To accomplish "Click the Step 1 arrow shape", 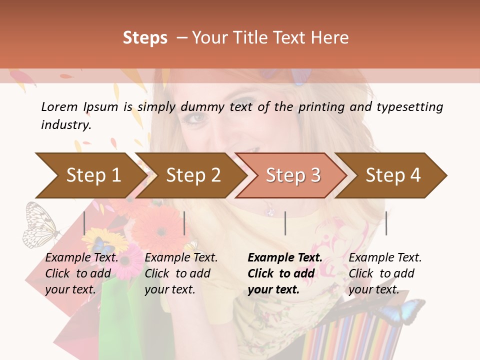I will pos(90,175).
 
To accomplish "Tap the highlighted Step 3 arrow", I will pos(292,175).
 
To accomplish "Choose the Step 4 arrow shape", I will pos(392,175).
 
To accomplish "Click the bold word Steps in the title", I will pos(145,38).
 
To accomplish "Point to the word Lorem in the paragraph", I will pos(59,107).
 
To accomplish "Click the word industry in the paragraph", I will pos(65,125).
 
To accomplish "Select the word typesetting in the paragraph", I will pos(409,107).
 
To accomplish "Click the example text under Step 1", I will pos(81,273).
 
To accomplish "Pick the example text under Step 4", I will pos(385,273).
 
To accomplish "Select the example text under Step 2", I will pos(181,273).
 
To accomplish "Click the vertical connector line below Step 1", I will pos(84,223).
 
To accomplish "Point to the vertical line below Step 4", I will pos(386,223).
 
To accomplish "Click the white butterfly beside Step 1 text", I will pos(40,225).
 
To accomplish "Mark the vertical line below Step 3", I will pos(285,223).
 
